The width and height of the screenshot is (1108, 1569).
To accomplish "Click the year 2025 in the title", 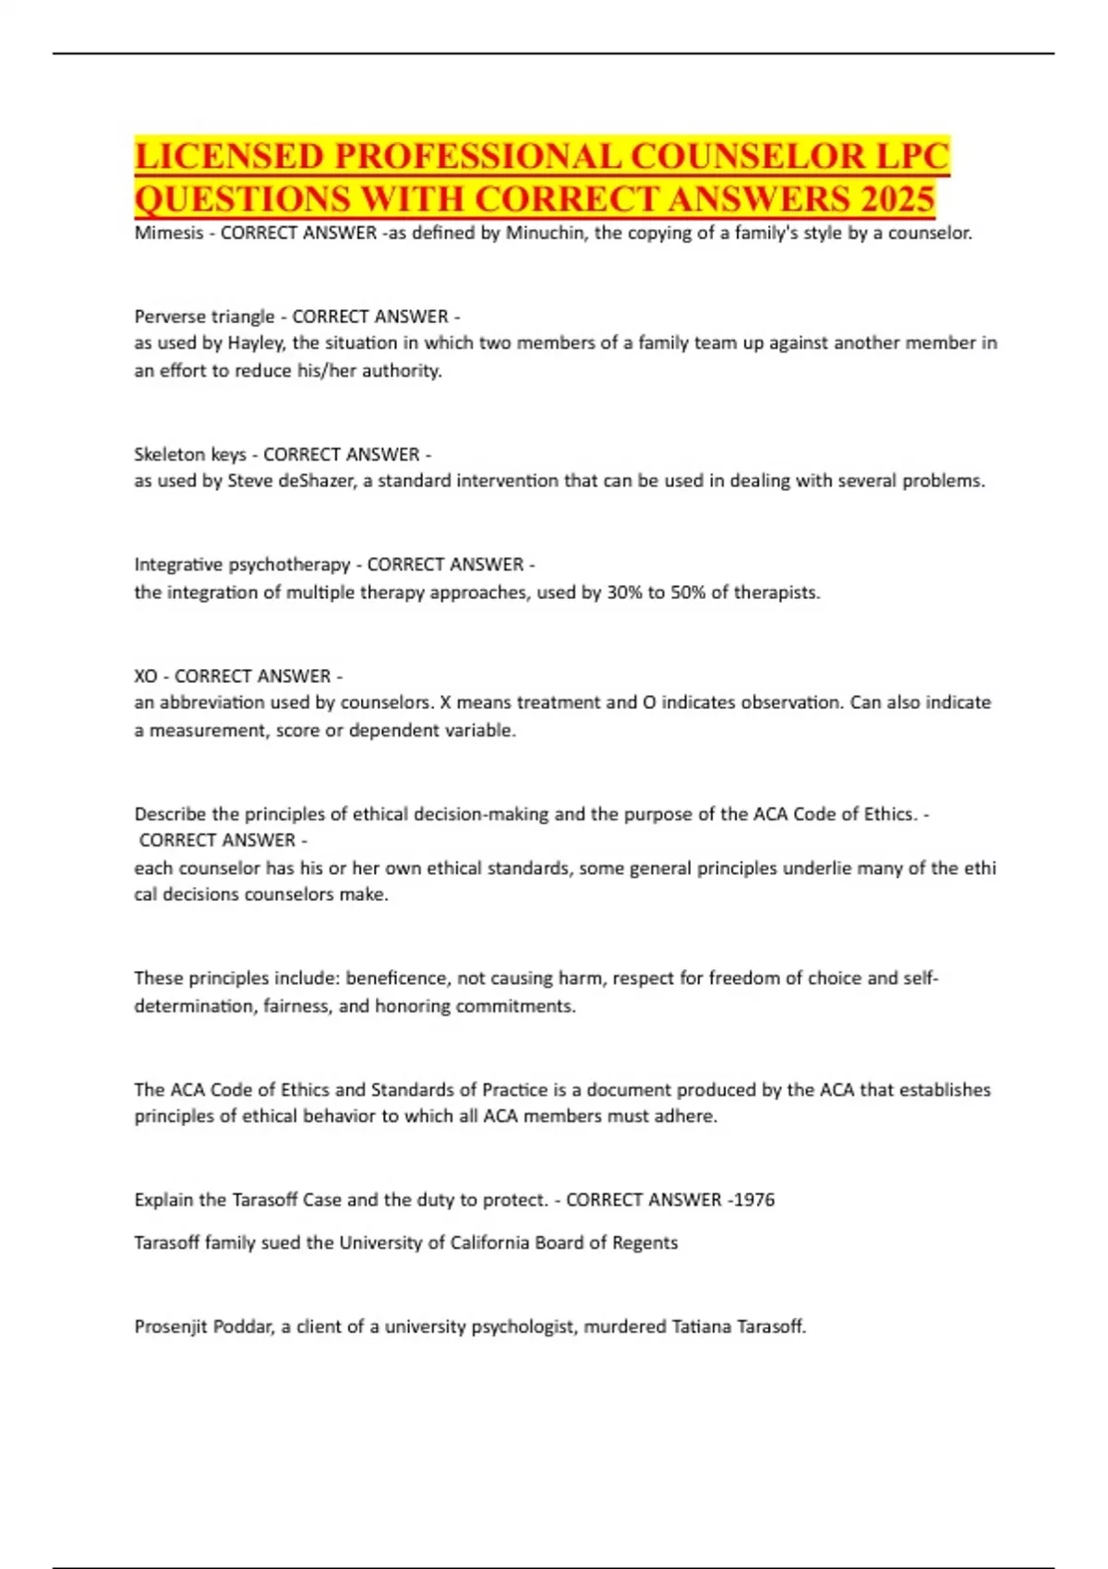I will pyautogui.click(x=895, y=198).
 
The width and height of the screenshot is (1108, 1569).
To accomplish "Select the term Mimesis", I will pyautogui.click(x=168, y=233).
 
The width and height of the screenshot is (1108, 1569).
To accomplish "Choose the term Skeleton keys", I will pyautogui.click(x=190, y=454).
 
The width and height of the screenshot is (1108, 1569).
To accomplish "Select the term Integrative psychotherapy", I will pyautogui.click(x=242, y=564).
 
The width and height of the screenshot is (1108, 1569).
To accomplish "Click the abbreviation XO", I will pyautogui.click(x=146, y=676).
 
